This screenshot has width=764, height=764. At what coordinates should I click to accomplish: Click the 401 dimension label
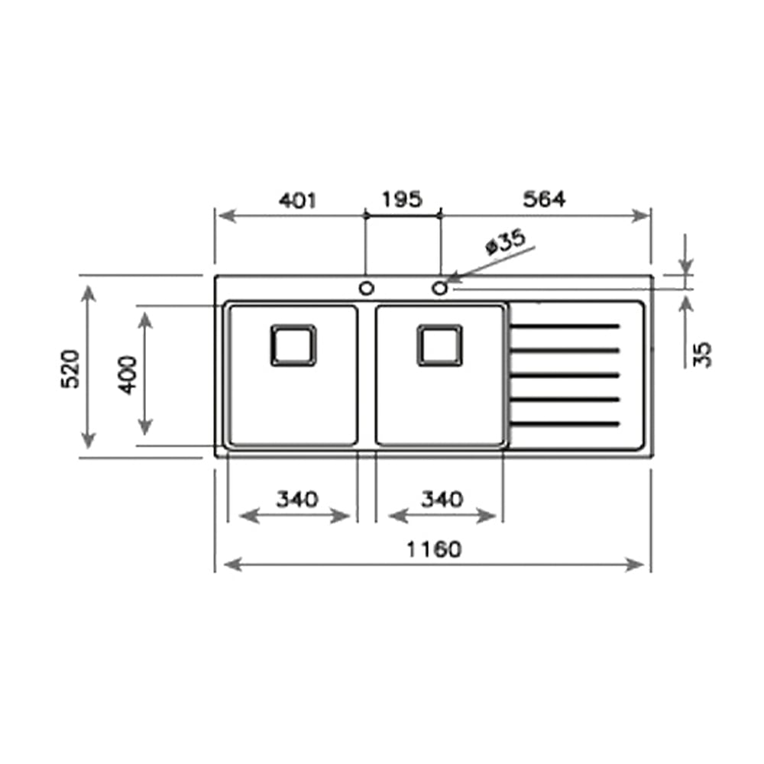pyautogui.click(x=297, y=200)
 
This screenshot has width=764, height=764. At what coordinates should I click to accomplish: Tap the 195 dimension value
pyautogui.click(x=402, y=199)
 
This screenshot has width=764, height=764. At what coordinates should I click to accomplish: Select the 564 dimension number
pyautogui.click(x=544, y=199)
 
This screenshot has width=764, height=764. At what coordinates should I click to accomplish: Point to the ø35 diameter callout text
pyautogui.click(x=507, y=241)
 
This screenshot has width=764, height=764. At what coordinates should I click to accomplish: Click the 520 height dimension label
pyautogui.click(x=70, y=369)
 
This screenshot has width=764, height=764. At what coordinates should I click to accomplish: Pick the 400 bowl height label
pyautogui.click(x=128, y=374)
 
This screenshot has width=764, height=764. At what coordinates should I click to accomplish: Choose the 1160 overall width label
pyautogui.click(x=434, y=549)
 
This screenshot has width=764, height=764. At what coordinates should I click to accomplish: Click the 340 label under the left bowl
pyautogui.click(x=297, y=500)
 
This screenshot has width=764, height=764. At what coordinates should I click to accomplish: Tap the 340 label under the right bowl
pyautogui.click(x=442, y=500)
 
